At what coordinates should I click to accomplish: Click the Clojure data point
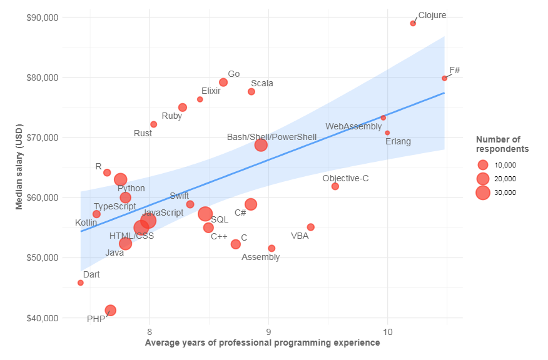pos(413,23)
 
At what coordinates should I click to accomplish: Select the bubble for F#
pos(444,78)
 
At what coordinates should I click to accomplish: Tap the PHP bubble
pos(110,310)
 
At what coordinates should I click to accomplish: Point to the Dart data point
pos(81,282)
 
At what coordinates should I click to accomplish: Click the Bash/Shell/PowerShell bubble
pos(261,145)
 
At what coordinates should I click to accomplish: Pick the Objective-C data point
pos(335,186)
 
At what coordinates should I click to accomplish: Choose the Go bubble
pos(223,82)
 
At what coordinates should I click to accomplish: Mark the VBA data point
pos(310,227)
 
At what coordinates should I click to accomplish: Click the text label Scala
pos(261,83)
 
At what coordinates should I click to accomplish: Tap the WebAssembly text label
pos(353,127)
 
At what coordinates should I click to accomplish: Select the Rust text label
pos(143,133)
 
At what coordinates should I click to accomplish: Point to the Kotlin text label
pos(86,222)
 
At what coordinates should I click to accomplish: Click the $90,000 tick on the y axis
pos(43,17)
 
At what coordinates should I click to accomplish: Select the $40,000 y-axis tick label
pos(43,318)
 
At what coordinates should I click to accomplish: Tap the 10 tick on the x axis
pos(387,331)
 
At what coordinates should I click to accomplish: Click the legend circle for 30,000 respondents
pos(482,192)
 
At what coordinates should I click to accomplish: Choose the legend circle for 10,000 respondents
pos(482,165)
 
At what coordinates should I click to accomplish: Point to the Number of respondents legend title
pos(502,144)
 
